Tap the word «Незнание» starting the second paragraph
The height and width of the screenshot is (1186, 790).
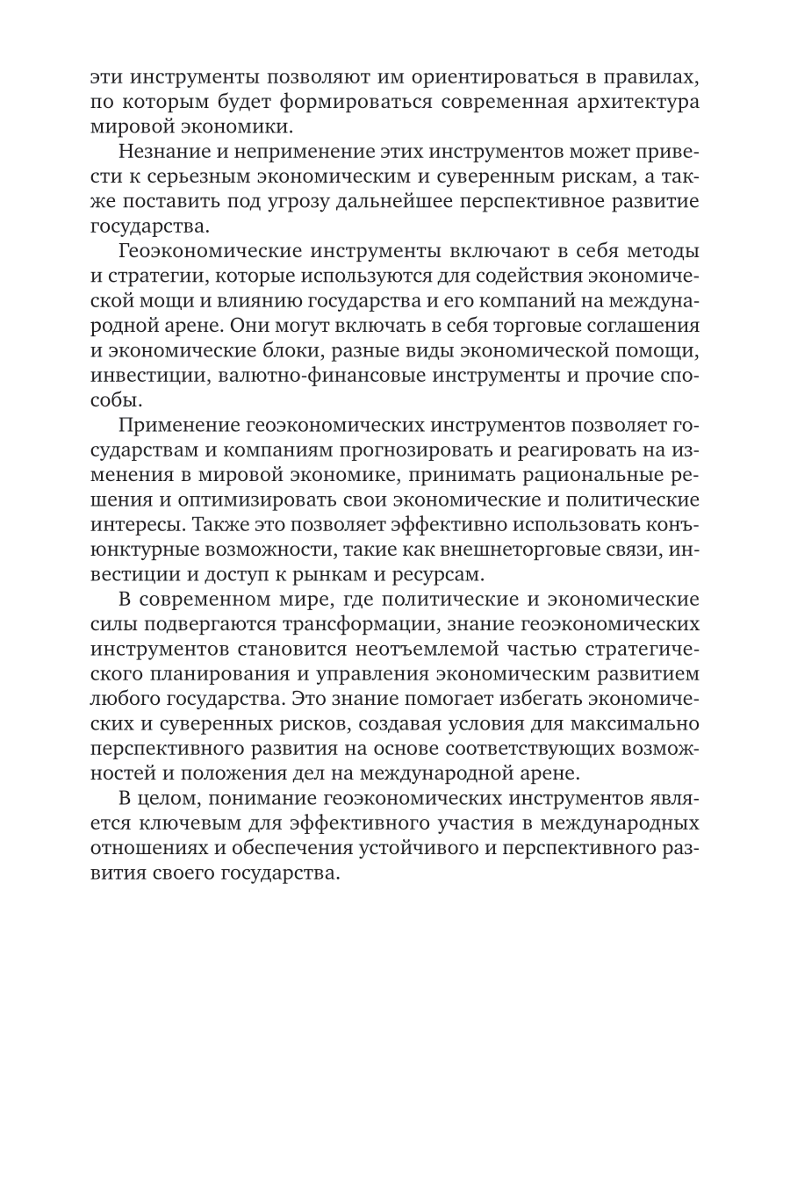(x=162, y=152)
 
